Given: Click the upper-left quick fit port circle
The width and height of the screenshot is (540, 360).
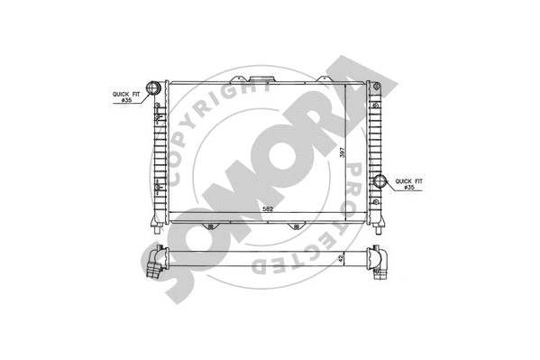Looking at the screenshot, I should tap(153, 88).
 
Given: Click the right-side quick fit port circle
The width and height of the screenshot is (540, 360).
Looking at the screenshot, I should tap(380, 180).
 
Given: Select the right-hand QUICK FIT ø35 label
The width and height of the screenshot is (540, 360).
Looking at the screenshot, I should tap(410, 184).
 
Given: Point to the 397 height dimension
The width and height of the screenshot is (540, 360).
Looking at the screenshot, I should tap(343, 153).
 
